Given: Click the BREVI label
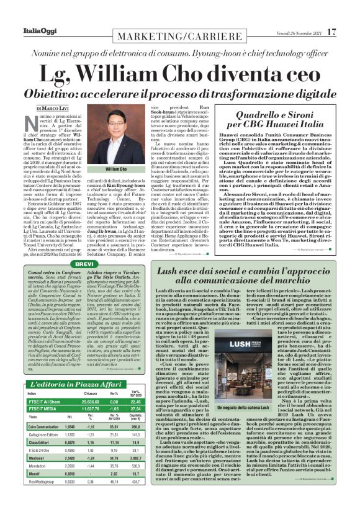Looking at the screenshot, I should [84, 264].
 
